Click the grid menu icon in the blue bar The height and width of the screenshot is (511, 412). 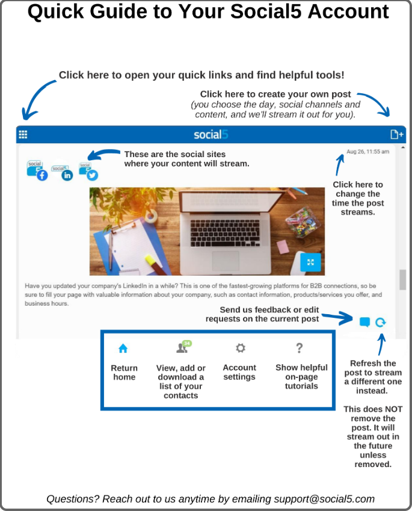(x=23, y=134)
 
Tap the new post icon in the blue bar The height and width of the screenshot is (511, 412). (x=396, y=134)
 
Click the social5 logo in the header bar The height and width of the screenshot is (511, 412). (x=211, y=134)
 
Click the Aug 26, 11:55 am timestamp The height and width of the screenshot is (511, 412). (x=367, y=152)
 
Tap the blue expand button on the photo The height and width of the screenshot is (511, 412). (x=310, y=262)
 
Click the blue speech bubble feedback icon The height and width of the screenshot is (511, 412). (x=364, y=322)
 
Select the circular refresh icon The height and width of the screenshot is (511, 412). (x=380, y=322)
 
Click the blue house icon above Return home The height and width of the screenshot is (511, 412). (x=123, y=348)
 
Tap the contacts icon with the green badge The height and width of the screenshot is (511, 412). (x=182, y=347)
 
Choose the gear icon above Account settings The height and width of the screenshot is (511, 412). (x=240, y=348)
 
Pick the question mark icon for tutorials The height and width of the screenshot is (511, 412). (x=299, y=348)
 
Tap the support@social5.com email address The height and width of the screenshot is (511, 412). (x=324, y=499)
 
